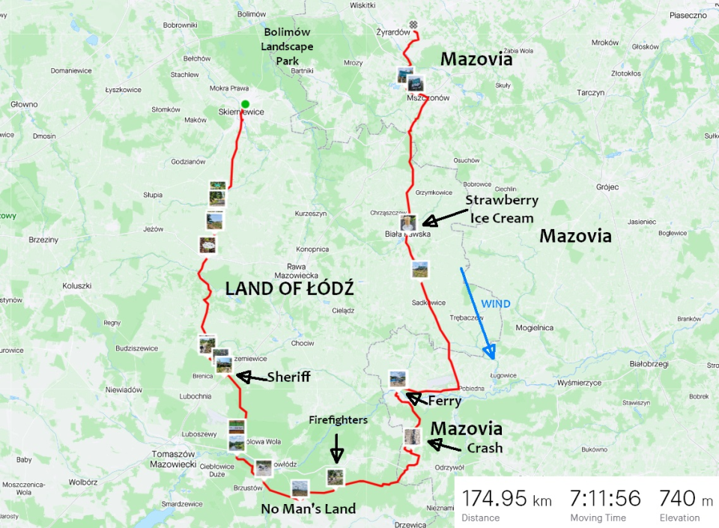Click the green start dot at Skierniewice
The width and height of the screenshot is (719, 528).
(245, 104)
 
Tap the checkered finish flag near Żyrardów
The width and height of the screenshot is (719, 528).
(413, 24)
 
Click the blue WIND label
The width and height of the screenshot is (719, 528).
(495, 304)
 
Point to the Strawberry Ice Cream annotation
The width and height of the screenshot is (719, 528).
(501, 209)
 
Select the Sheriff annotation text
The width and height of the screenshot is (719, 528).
(288, 377)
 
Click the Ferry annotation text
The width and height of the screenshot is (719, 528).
(444, 401)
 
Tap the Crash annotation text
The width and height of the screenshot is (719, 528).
(485, 448)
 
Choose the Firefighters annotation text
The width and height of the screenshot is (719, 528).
(338, 420)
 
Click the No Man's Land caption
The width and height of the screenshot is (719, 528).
(308, 509)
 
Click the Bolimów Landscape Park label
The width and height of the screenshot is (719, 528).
(287, 46)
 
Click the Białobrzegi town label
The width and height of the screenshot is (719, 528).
(648, 362)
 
